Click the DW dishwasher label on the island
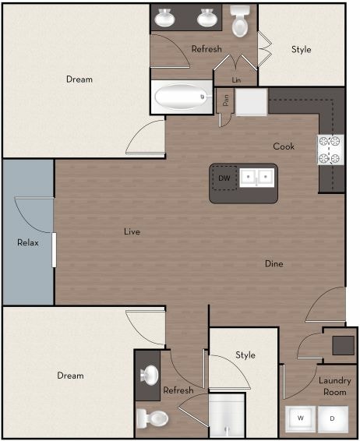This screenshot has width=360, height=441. [x=224, y=178]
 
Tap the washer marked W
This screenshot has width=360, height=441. [x=300, y=418]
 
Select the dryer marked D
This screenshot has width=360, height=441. [x=331, y=418]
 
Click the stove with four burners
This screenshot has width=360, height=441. [x=329, y=150]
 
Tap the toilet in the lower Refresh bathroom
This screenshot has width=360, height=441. [x=153, y=418]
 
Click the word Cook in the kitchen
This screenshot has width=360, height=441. [x=283, y=146]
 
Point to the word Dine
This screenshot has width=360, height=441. [x=274, y=264]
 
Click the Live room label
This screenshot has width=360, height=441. [x=132, y=231]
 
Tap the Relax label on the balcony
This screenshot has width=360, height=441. [x=28, y=242]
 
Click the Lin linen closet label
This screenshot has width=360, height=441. [x=236, y=79]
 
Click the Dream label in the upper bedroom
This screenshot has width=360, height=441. [x=79, y=79]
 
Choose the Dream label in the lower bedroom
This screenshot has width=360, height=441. [x=70, y=376]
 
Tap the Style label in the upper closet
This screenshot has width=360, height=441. [x=301, y=50]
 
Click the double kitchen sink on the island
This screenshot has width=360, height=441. [x=256, y=178]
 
